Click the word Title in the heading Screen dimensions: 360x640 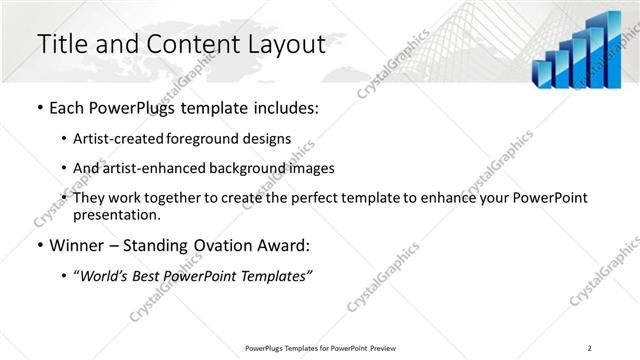pyautogui.click(x=62, y=44)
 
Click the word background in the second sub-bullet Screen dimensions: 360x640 pyautogui.click(x=244, y=168)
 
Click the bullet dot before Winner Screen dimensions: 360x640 pyautogui.click(x=38, y=244)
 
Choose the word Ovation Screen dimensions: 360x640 pyautogui.click(x=225, y=244)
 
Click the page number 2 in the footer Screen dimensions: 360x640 pyautogui.click(x=589, y=348)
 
